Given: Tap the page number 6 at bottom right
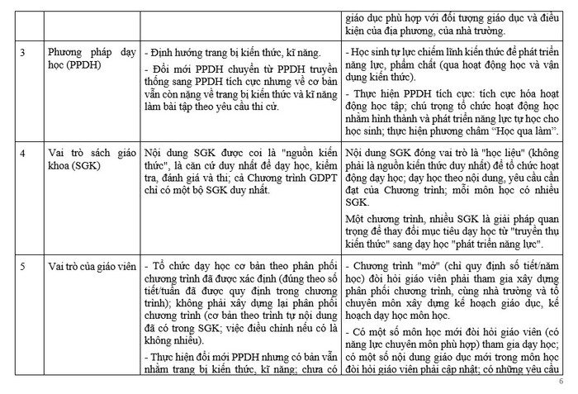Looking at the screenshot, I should coord(561,382).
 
